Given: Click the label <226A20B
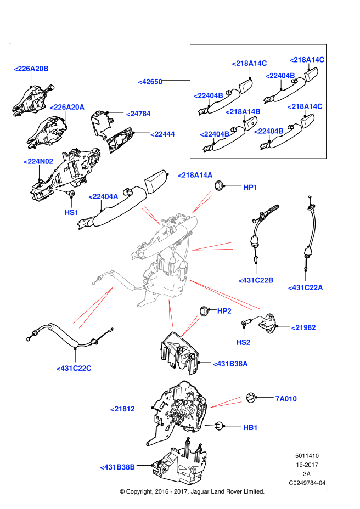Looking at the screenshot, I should [x=31, y=69].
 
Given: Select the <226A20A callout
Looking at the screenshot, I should [x=67, y=107].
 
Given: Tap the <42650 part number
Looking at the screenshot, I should [x=150, y=82].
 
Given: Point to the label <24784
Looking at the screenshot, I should [x=138, y=114].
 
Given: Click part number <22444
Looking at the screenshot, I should [x=163, y=134].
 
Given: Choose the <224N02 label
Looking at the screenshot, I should [x=38, y=161].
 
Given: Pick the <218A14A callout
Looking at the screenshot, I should [x=195, y=175].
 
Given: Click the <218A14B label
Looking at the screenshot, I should [x=243, y=112].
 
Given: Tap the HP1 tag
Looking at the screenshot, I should [x=250, y=188].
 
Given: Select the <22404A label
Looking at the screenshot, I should [x=103, y=196].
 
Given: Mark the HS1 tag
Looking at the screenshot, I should [x=71, y=212].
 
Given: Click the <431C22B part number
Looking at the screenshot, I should [x=256, y=280].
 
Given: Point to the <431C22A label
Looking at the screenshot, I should [x=305, y=287].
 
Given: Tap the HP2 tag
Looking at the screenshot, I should [x=224, y=311].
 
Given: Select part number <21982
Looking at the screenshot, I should [x=303, y=327].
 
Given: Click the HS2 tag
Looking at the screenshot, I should [x=243, y=342].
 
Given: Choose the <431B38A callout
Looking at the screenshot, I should [x=230, y=364].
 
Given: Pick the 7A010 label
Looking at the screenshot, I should [x=286, y=399].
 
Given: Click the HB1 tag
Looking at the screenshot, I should [x=250, y=427].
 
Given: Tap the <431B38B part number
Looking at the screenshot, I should [x=117, y=467].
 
